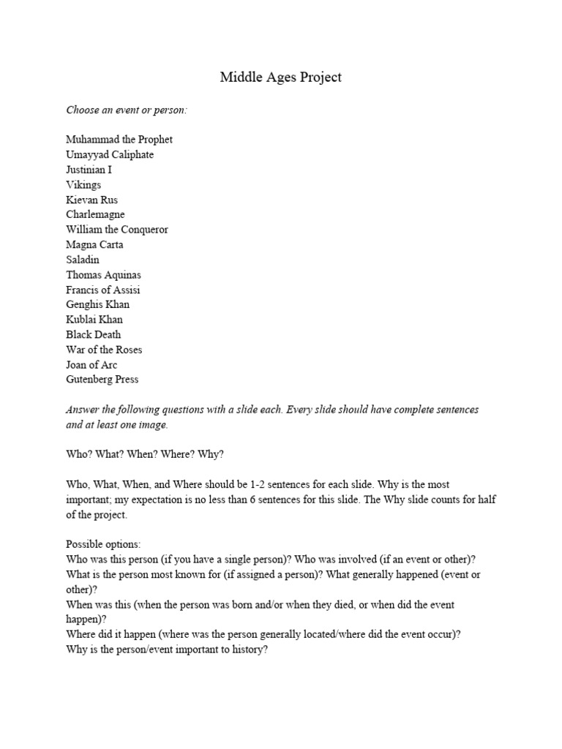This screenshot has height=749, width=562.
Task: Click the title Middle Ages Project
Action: click(280, 77)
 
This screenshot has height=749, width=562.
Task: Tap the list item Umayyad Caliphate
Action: click(110, 155)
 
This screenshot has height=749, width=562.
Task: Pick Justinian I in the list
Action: click(89, 170)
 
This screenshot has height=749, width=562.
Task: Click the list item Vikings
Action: click(83, 185)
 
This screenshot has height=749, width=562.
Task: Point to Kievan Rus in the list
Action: click(91, 200)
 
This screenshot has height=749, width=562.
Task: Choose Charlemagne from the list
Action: click(95, 215)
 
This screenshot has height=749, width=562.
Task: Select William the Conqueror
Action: click(117, 230)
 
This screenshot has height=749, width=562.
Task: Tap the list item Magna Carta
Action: click(94, 245)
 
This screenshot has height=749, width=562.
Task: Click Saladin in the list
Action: click(83, 260)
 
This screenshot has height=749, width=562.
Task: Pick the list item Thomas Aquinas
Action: click(103, 275)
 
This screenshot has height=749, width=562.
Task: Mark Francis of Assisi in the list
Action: click(103, 290)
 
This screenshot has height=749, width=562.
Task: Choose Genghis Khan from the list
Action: click(97, 304)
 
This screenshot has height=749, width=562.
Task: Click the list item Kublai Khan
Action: click(94, 320)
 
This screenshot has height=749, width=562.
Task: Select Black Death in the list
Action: click(94, 334)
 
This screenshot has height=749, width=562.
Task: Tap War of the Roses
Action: click(104, 350)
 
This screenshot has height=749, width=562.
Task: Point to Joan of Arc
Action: click(91, 364)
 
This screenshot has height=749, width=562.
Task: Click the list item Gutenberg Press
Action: click(102, 380)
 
